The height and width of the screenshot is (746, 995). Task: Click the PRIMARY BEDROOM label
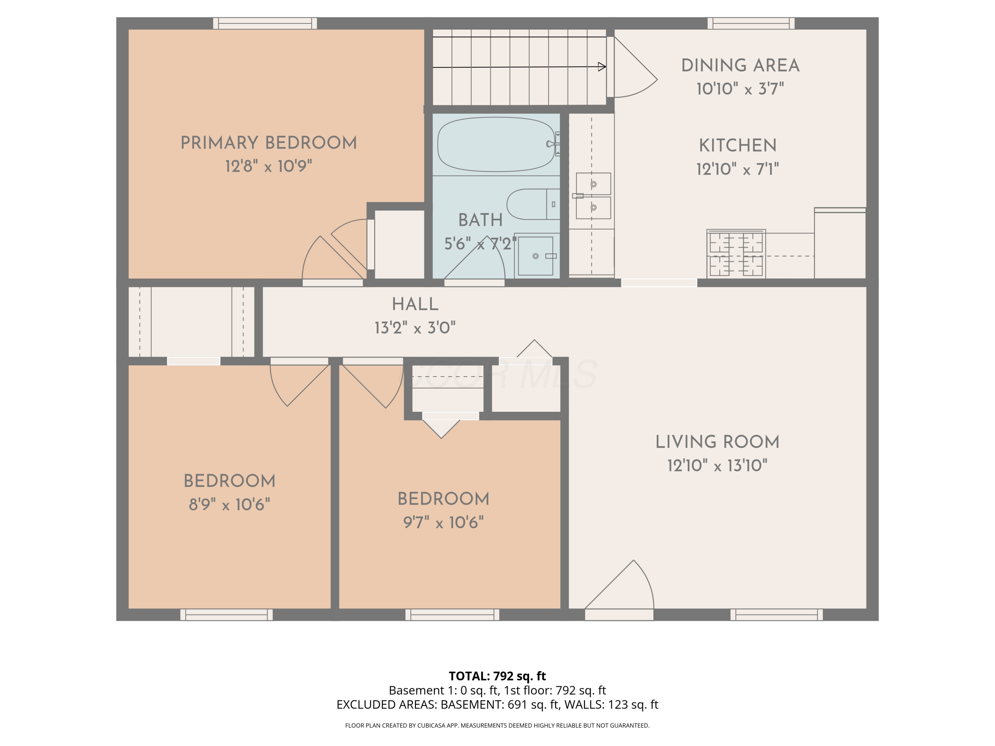pos(269,143)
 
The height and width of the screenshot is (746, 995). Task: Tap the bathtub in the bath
pos(496,144)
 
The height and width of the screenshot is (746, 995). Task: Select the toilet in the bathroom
pos(533,204)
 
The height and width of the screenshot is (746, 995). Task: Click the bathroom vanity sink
pos(535,256)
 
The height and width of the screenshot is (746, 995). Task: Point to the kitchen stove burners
pos(736,254)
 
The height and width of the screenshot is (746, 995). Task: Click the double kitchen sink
pos(593,196)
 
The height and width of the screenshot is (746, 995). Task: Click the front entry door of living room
pos(619,614)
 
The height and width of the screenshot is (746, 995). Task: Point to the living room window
pos(776,615)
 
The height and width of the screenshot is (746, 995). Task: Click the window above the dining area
pos(751,24)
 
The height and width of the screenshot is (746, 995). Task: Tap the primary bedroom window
pos(265,24)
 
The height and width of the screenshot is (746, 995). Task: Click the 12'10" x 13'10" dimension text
pos(717,466)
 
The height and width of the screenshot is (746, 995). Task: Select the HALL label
pos(415,304)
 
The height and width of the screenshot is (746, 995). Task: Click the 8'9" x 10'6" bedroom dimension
pos(230,505)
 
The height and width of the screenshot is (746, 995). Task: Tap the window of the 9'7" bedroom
pos(452,615)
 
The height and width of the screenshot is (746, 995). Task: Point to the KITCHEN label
pos(738,146)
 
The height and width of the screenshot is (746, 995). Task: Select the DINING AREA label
pos(740,66)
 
